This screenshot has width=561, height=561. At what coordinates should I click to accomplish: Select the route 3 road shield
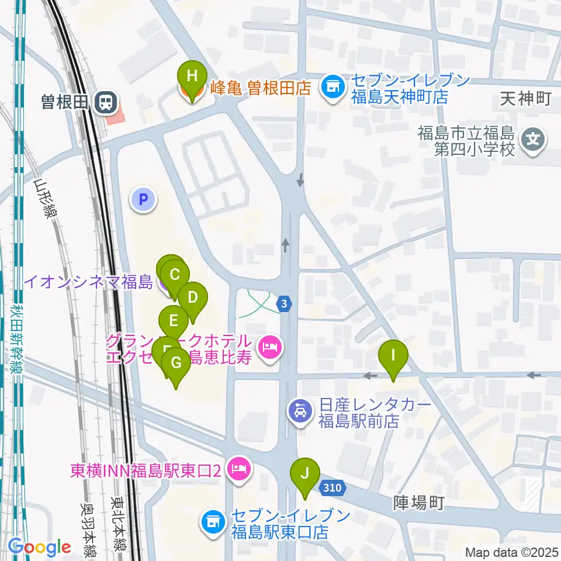(x=284, y=303)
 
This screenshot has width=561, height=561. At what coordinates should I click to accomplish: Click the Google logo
(x=40, y=548)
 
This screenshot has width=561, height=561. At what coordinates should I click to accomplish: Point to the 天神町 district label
(x=525, y=99)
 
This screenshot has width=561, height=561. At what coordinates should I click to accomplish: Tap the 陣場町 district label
(x=418, y=502)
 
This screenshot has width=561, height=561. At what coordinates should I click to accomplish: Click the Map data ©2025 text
(x=511, y=552)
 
